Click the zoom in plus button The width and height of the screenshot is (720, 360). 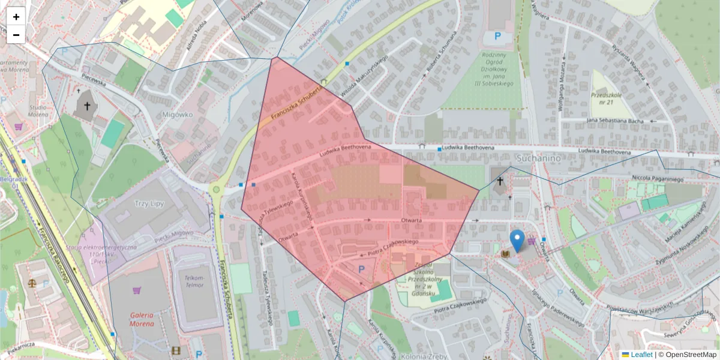(16, 16)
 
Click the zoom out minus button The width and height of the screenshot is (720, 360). (16, 35)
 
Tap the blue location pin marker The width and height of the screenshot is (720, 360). (517, 241)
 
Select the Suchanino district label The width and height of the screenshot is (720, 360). (538, 158)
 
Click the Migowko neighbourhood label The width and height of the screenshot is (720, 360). (177, 114)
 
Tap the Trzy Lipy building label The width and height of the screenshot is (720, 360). (149, 203)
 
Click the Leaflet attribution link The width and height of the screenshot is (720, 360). (641, 355)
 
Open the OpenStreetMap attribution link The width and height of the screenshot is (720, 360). (691, 355)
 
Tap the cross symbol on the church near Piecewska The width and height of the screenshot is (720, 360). (87, 107)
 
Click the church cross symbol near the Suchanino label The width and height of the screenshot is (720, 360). (500, 181)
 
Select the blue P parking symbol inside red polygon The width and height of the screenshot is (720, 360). (361, 270)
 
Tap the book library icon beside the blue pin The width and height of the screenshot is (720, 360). (505, 255)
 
